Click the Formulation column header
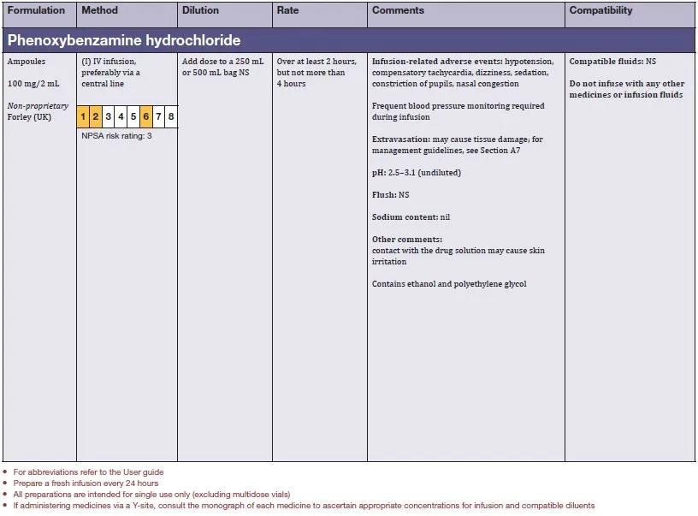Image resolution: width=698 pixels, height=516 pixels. coord(36,10)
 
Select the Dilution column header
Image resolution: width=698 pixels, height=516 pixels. coord(201,10)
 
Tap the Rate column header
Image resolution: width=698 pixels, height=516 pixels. coord(288,10)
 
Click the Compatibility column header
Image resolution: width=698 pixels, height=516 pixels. coord(600,10)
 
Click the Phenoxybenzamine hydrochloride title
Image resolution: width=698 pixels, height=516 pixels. coord(124,40)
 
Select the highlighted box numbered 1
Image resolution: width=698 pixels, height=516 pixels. coord(83,116)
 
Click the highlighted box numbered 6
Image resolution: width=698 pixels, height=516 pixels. coord(146,116)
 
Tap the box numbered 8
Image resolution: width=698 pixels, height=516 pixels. coord(171,116)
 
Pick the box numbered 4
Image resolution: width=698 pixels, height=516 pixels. coord(121,116)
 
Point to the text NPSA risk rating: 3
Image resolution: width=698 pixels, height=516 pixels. coord(116,135)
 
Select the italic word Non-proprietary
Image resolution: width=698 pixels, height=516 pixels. coord(38,106)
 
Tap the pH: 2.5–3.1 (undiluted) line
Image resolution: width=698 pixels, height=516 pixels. coord(417,172)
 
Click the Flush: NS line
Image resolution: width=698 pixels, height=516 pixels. coord(391,195)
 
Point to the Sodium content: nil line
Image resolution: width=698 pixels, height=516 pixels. coord(411,217)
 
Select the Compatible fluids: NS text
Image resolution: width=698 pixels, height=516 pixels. coord(612,62)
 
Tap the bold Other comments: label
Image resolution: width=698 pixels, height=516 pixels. coord(407,240)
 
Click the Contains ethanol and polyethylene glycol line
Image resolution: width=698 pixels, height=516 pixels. coord(449,284)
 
